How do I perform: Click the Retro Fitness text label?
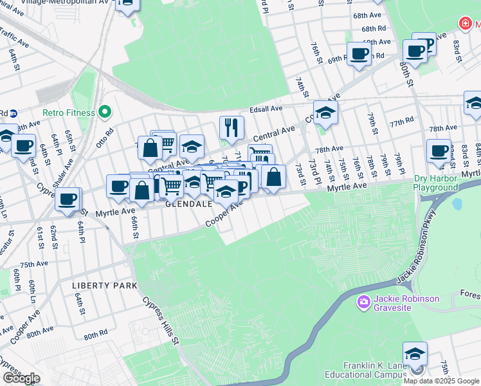tap(69, 113)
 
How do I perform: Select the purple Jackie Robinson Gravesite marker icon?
tap(364, 301)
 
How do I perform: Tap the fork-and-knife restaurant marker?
tap(230, 127)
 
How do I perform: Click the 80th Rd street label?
tap(95, 335)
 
